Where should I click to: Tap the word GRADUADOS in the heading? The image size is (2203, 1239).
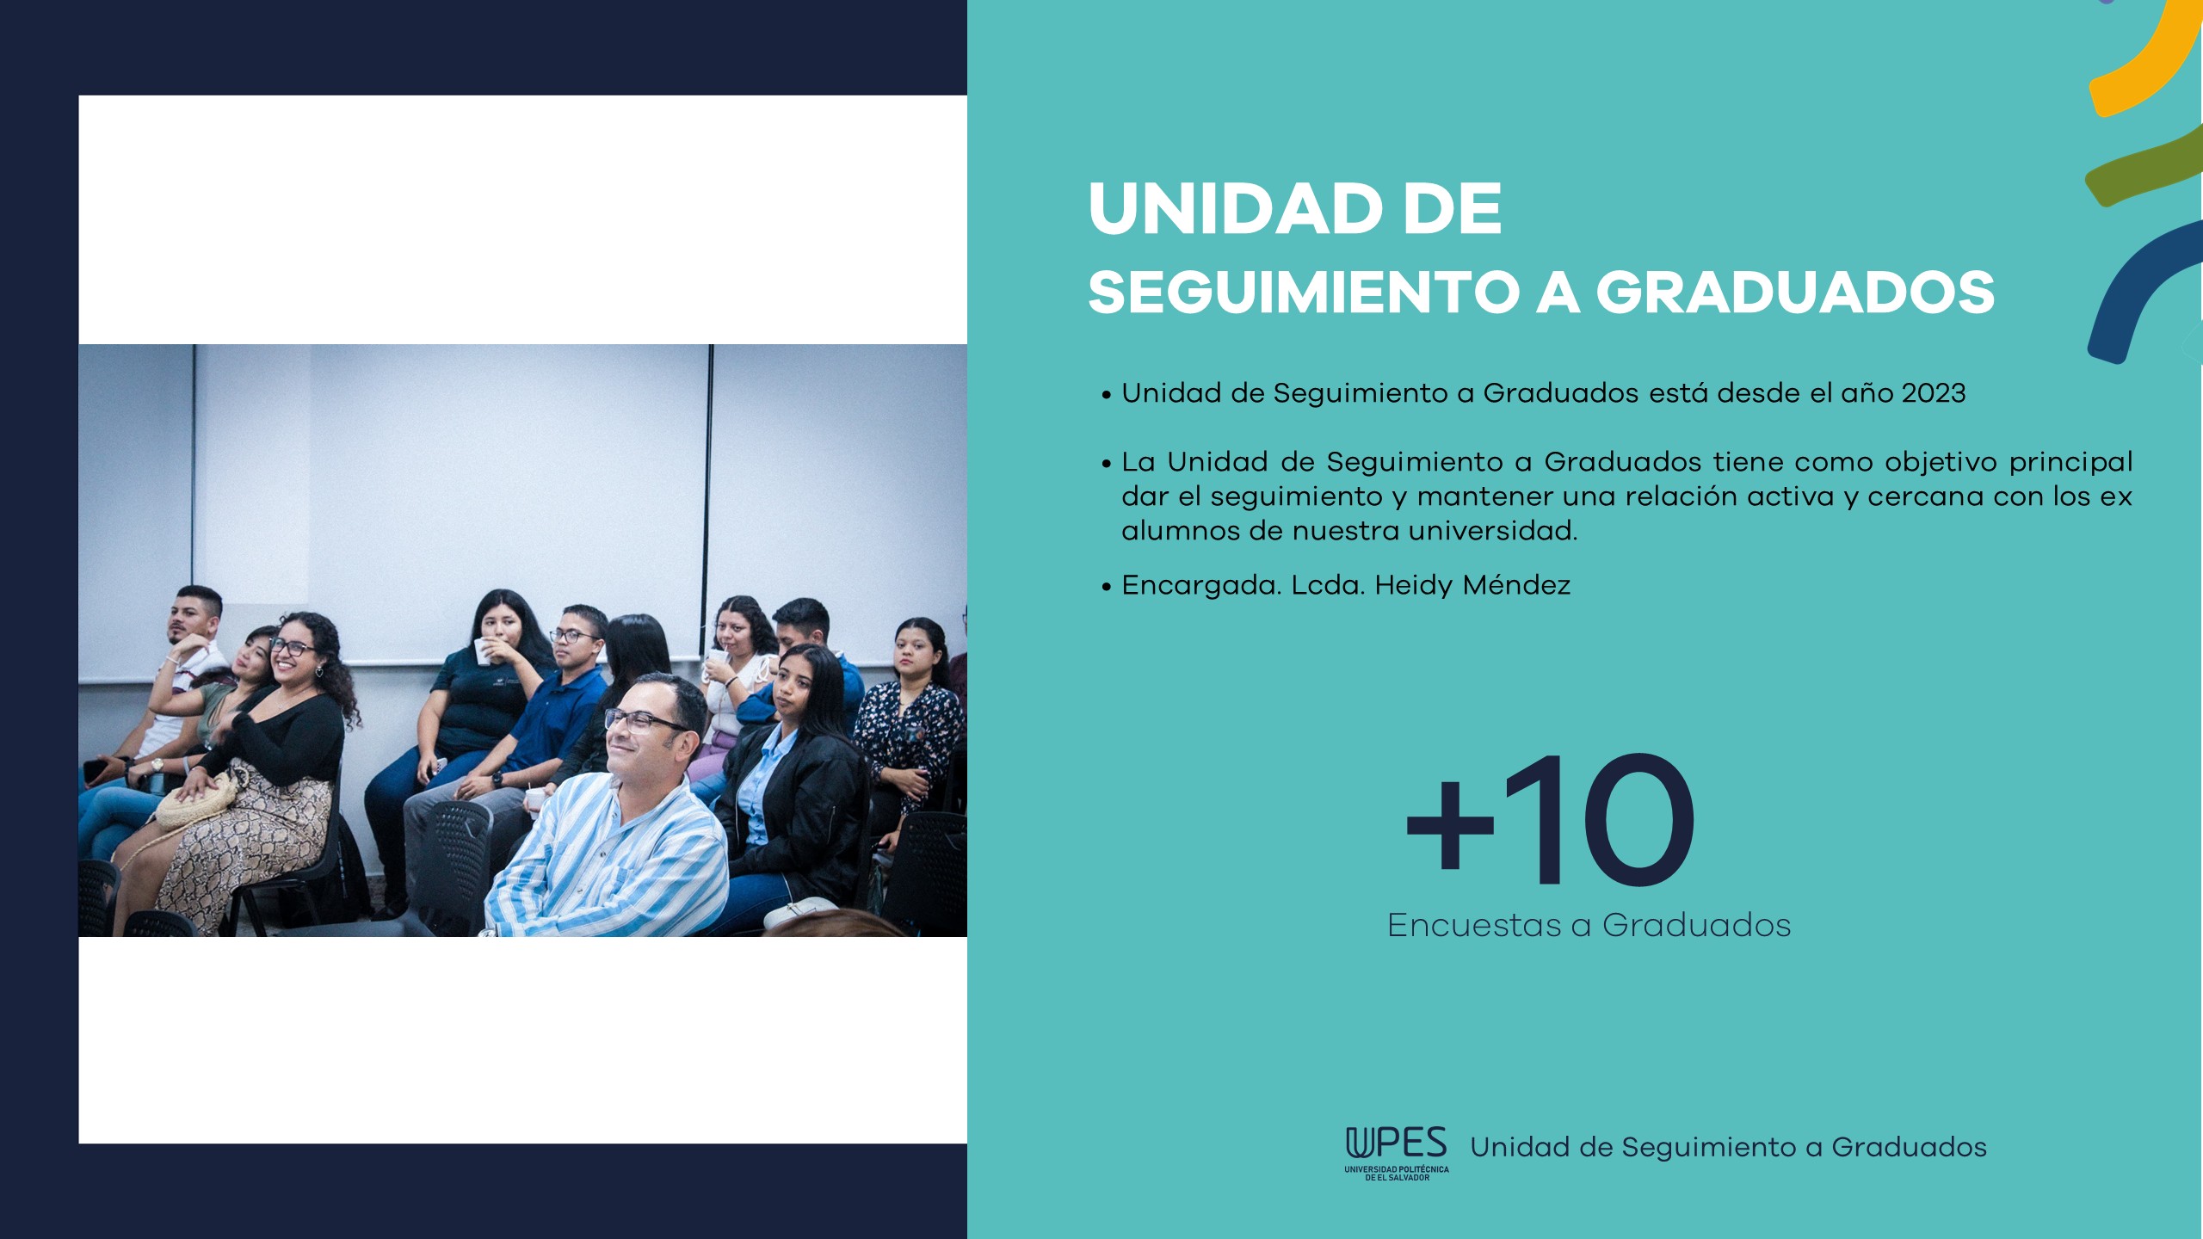pos(1795,292)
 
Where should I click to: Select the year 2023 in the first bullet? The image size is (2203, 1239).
pos(1934,393)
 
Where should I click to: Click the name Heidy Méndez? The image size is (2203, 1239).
pos(1472,585)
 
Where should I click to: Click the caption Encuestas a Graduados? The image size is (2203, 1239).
pos(1589,926)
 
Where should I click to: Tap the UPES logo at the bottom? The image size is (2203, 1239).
pos(1397,1153)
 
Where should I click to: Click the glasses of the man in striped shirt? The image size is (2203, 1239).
pos(644,721)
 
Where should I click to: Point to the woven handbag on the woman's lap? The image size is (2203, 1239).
pos(198,802)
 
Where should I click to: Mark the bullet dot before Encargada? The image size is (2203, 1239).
pos(1107,588)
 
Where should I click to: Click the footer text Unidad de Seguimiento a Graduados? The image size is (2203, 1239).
pos(1728,1148)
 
